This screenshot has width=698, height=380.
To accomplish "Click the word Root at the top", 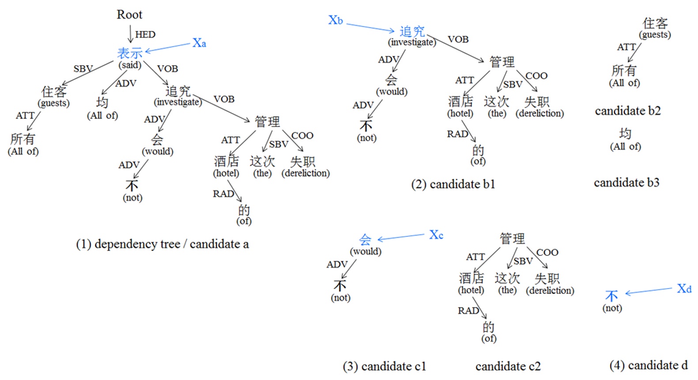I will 129,15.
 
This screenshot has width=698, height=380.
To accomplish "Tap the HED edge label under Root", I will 145,34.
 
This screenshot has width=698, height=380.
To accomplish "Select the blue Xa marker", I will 199,43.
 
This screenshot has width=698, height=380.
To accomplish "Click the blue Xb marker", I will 336,20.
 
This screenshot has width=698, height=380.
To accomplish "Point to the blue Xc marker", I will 436,235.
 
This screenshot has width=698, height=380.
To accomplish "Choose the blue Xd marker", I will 684,289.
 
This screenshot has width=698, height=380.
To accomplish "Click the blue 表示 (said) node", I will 130,53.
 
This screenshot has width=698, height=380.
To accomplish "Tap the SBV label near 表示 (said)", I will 83,68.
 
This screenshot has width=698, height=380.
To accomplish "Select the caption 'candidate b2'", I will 627,110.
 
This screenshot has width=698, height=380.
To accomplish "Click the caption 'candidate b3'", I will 626,182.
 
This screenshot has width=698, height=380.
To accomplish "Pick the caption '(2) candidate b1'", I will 453,184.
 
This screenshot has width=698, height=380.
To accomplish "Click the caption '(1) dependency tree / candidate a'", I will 162,244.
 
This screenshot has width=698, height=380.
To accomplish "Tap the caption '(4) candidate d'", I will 648,365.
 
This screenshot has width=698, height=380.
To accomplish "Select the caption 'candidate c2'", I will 508,366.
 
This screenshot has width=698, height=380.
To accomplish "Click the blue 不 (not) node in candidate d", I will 611,296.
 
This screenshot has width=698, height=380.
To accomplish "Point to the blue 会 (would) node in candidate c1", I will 365,240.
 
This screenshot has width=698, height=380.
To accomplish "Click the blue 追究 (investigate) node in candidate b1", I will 412,31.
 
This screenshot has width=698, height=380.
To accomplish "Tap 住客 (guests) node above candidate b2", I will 655,23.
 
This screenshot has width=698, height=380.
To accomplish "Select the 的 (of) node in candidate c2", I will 488,327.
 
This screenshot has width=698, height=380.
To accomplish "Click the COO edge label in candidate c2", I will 547,252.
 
